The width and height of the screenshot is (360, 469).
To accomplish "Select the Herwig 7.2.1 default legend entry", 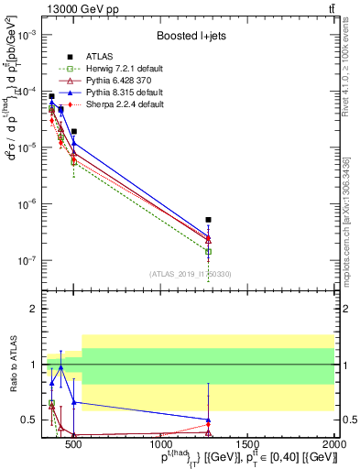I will click(x=119, y=68).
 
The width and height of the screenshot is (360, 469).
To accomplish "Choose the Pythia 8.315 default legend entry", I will click(x=118, y=93).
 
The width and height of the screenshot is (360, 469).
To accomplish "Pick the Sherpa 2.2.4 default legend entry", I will click(x=118, y=104).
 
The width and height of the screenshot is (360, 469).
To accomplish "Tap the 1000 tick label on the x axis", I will click(x=158, y=443).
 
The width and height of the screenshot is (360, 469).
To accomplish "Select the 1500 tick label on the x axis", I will click(x=246, y=443).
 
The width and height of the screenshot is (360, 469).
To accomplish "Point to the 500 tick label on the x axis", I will click(x=71, y=443).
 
